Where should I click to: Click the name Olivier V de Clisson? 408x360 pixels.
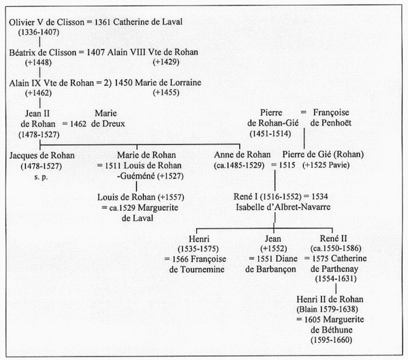[46, 22]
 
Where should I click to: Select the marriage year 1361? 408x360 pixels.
[103, 22]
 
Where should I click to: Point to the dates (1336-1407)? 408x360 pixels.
[39, 32]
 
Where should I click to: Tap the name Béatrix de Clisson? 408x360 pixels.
[43, 52]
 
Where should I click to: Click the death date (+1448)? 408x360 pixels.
[38, 63]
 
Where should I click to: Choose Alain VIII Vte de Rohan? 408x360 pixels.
[153, 52]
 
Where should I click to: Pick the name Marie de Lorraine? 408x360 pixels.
[168, 82]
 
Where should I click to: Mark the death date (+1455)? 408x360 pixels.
[166, 93]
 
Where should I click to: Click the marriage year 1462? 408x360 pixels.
[78, 124]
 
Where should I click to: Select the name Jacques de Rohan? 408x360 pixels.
[42, 155]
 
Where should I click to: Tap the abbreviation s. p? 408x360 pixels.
[41, 177]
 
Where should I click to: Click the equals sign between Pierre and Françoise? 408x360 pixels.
[303, 112]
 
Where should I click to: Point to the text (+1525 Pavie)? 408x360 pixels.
[326, 165]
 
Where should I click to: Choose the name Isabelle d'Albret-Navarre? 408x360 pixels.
[283, 207]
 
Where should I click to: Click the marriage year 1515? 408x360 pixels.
[287, 165]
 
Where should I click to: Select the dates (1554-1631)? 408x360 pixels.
[336, 279]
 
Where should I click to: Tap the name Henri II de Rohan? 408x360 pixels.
[330, 299]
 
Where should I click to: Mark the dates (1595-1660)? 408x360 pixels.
[331, 340]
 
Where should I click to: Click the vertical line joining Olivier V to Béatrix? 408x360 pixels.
[40, 42]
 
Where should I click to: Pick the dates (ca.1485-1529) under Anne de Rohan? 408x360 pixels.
[239, 166]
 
